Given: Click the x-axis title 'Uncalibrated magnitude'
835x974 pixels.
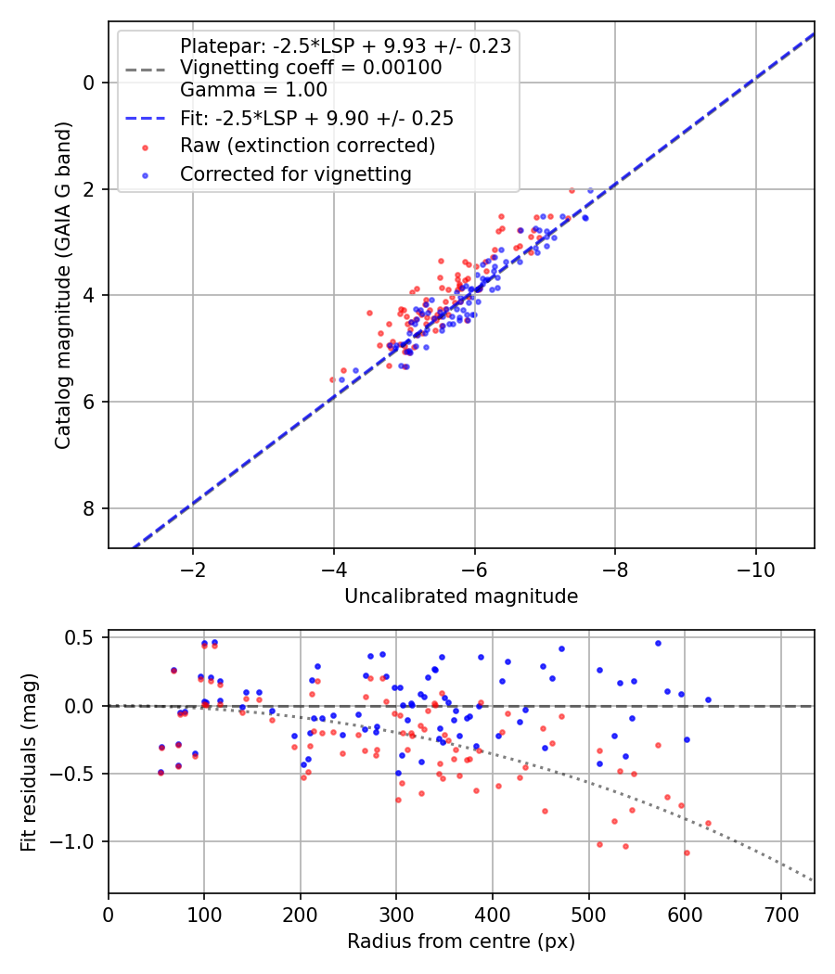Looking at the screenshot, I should tap(461, 596).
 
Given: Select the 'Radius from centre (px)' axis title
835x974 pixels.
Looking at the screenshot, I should tap(461, 942).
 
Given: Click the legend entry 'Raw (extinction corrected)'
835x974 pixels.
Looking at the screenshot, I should tap(307, 146).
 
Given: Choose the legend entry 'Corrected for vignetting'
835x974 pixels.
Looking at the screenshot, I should tap(295, 173).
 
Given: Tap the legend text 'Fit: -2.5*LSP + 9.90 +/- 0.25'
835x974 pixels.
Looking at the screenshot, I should tap(316, 119).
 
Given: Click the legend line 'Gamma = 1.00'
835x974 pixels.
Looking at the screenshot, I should tap(253, 90).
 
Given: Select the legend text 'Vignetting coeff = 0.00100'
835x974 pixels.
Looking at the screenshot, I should tap(311, 68).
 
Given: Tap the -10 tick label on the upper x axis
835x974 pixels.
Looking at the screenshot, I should tap(755, 569).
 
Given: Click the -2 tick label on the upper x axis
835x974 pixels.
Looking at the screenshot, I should tap(193, 569).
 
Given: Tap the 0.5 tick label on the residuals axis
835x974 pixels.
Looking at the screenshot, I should tap(82, 638).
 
